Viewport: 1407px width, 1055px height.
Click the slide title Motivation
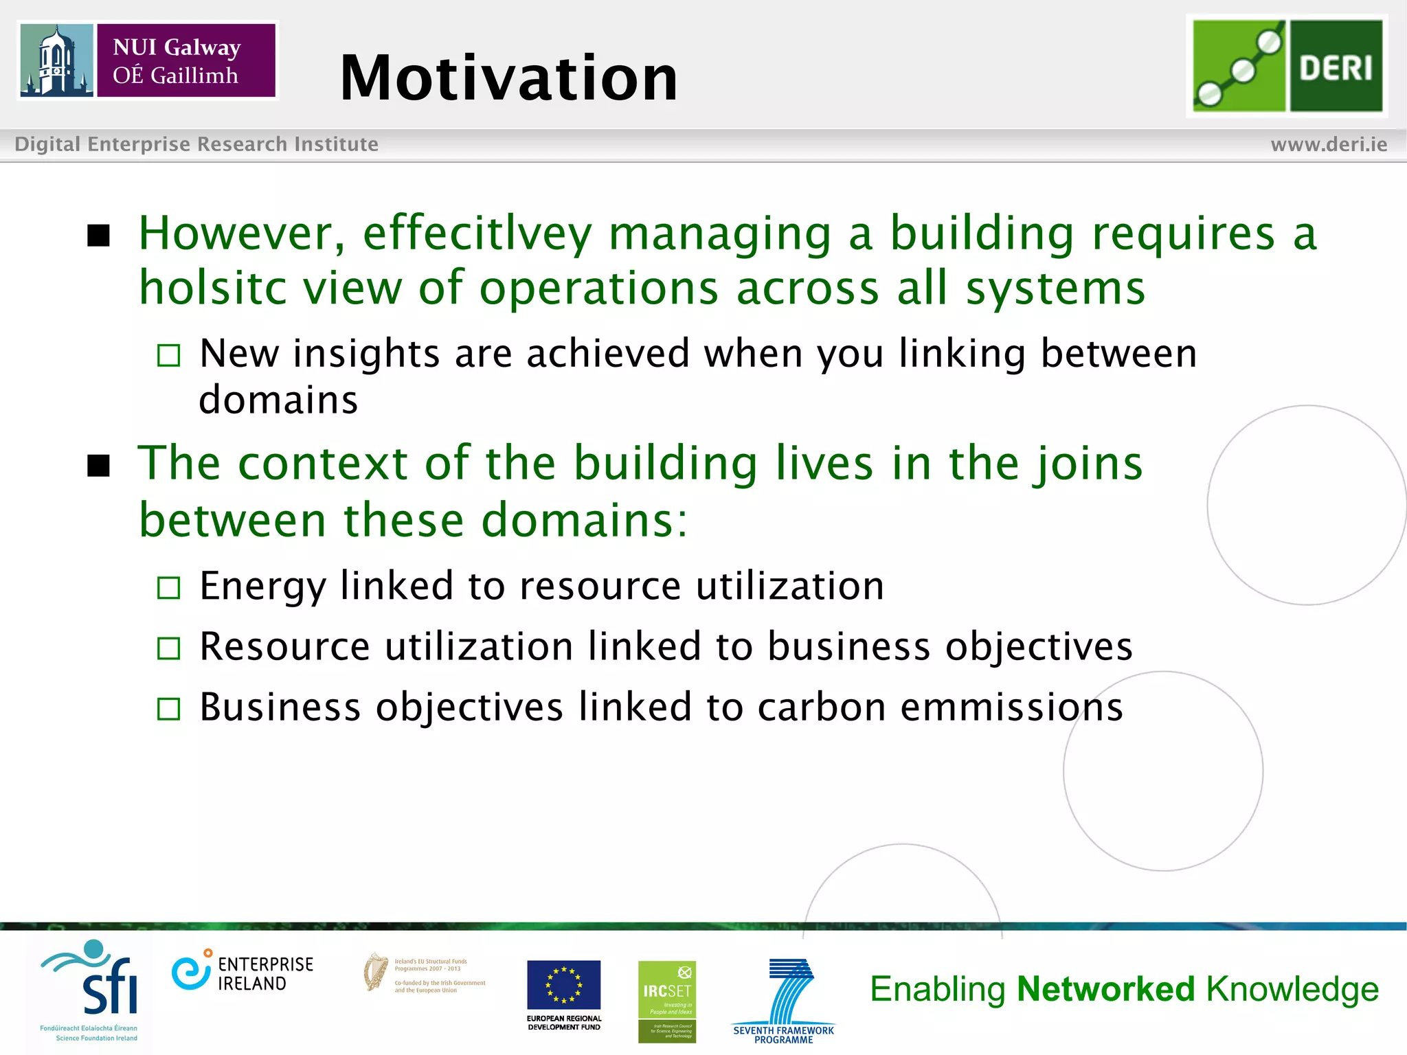click(508, 78)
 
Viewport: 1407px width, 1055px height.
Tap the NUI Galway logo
click(148, 60)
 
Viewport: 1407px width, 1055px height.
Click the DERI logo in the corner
click(1287, 66)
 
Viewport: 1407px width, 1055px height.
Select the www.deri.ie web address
click(1328, 144)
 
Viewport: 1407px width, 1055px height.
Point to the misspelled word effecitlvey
click(477, 234)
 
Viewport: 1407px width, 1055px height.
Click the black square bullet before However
click(99, 236)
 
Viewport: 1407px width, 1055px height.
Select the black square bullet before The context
click(99, 466)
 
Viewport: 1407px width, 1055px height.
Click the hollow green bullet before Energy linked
click(168, 588)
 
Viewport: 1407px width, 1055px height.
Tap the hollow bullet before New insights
click(168, 355)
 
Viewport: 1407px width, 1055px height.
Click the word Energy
click(262, 587)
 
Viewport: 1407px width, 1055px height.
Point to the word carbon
click(821, 707)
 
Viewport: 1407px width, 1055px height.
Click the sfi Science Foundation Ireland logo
click(93, 989)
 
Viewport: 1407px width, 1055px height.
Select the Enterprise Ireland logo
click(242, 973)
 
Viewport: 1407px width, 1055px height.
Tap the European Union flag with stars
click(563, 984)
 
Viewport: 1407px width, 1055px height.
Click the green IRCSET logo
click(666, 1001)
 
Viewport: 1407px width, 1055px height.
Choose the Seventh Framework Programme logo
click(784, 999)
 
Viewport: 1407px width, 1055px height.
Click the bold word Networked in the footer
click(1105, 989)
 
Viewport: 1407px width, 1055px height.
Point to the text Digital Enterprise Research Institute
click(196, 144)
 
